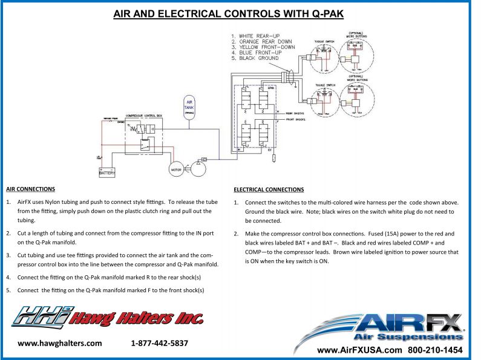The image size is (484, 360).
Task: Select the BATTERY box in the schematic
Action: [x=107, y=173]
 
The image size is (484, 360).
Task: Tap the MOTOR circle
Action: [x=175, y=170]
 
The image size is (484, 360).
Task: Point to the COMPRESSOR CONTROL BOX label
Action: [x=143, y=115]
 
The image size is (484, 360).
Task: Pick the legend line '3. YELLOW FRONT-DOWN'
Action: [x=263, y=47]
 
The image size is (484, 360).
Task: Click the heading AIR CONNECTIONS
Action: [x=30, y=189]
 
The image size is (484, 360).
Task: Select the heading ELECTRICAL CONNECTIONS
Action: [x=269, y=190]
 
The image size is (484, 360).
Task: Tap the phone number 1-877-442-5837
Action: [x=159, y=343]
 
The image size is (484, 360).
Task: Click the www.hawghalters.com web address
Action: [x=60, y=343]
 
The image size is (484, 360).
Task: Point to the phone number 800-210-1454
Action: [x=436, y=350]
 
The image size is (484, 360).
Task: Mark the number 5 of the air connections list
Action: [x=8, y=290]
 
